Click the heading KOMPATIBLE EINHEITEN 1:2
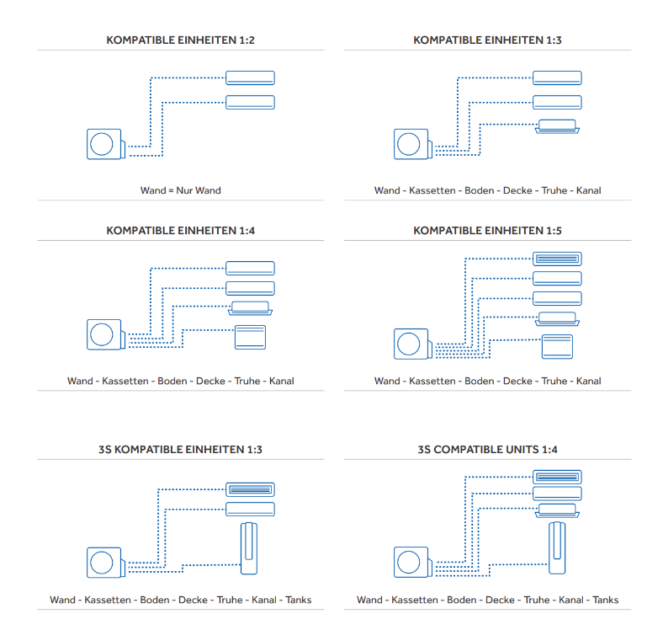click(180, 40)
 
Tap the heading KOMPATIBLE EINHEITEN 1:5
click(487, 231)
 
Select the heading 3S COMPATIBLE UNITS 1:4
click(487, 450)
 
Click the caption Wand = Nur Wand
click(180, 190)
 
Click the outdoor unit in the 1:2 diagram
click(104, 144)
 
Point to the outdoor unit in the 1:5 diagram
click(411, 344)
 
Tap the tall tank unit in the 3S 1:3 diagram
click(249, 548)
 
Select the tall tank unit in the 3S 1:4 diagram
click(557, 548)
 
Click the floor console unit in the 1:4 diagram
click(250, 337)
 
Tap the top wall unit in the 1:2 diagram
click(250, 78)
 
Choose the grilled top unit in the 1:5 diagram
click(557, 259)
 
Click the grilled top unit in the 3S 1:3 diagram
click(250, 489)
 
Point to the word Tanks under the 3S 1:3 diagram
click(299, 601)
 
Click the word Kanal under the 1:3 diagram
click(588, 190)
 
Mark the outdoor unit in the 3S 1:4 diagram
click(411, 562)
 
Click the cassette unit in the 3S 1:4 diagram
click(557, 510)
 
